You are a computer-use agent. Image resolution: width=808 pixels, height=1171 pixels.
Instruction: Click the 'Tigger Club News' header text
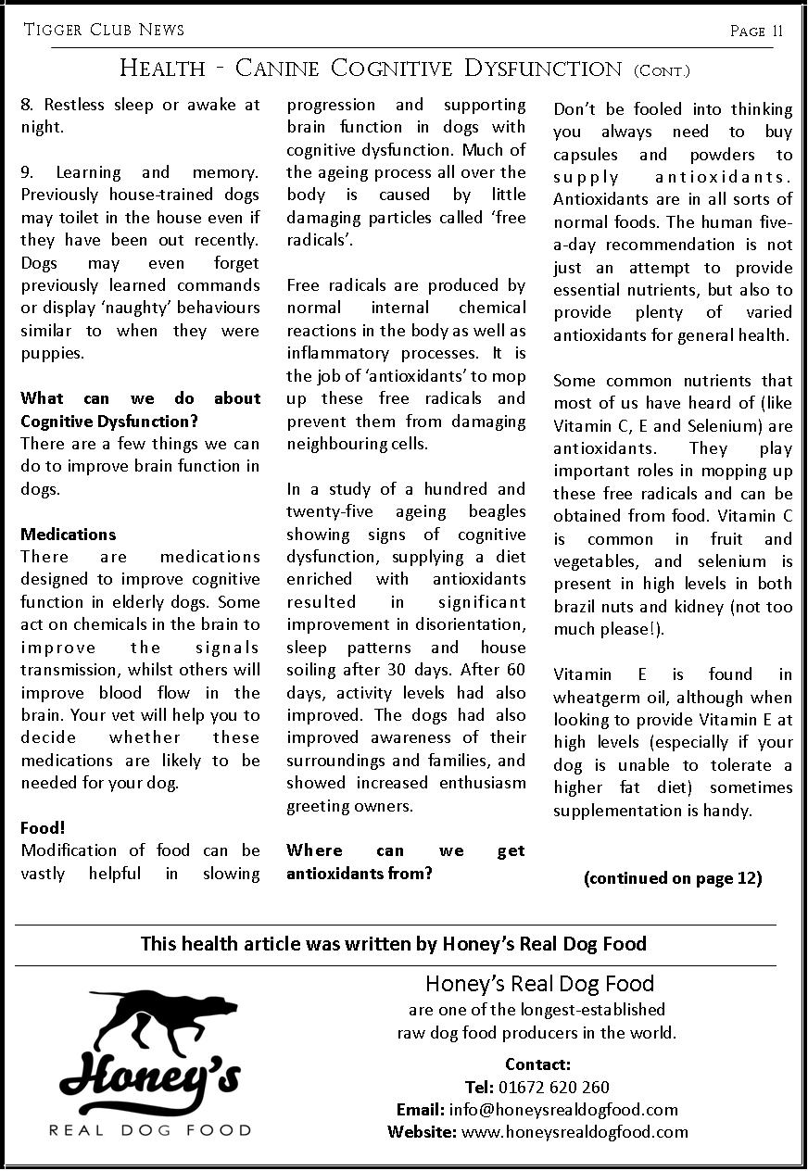pyautogui.click(x=104, y=30)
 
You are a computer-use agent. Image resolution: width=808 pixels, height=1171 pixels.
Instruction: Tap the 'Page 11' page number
pyautogui.click(x=756, y=31)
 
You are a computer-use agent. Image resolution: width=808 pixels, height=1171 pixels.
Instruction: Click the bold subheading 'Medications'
pyautogui.click(x=69, y=535)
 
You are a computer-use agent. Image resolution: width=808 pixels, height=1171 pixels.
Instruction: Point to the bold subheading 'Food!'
pyautogui.click(x=43, y=827)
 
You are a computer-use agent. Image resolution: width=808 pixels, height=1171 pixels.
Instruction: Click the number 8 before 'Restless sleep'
pyautogui.click(x=26, y=105)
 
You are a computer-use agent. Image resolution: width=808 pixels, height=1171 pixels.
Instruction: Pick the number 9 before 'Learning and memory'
pyautogui.click(x=26, y=172)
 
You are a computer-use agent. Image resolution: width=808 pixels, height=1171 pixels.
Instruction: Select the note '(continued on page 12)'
pyautogui.click(x=673, y=878)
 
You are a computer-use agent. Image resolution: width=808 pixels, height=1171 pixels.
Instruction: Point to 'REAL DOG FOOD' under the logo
pyautogui.click(x=150, y=1130)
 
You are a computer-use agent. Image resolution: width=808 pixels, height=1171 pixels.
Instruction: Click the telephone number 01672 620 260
pyautogui.click(x=554, y=1088)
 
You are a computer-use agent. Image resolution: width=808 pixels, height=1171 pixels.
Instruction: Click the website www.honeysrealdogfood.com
pyautogui.click(x=574, y=1132)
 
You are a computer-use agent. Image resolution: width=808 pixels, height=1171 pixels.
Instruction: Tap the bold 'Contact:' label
pyautogui.click(x=537, y=1064)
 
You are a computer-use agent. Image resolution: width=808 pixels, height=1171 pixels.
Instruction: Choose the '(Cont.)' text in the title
pyautogui.click(x=662, y=70)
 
